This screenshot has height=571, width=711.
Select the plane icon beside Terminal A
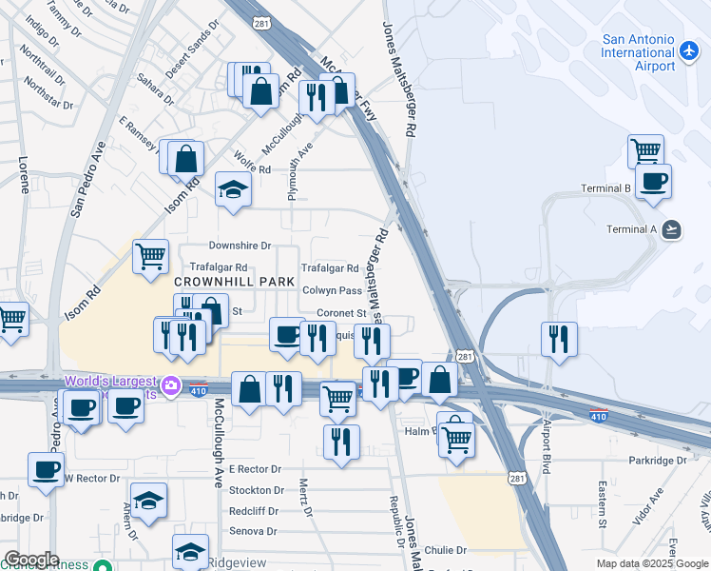tap(673, 228)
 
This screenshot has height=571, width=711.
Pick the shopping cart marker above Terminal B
tap(645, 150)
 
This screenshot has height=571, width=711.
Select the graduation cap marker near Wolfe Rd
tap(232, 188)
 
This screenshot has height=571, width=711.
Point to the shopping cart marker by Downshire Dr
tap(150, 256)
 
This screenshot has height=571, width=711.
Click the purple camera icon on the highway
tap(171, 385)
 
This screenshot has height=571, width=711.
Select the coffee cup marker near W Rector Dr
tap(46, 468)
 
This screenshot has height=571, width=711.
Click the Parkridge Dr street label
tap(657, 461)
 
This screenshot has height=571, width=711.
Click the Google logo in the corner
tap(30, 560)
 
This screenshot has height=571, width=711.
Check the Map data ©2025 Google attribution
tap(651, 563)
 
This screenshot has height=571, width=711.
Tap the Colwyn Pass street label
tap(332, 291)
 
